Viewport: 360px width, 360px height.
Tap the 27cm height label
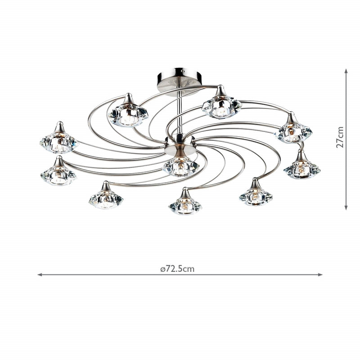pyautogui.click(x=340, y=137)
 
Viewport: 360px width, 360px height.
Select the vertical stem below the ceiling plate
pyautogui.click(x=180, y=108)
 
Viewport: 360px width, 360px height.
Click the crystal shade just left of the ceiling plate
pyautogui.click(x=128, y=115)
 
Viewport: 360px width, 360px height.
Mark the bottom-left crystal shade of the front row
pyautogui.click(x=106, y=199)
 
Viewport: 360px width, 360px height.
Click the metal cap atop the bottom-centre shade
pyautogui.click(x=184, y=194)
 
